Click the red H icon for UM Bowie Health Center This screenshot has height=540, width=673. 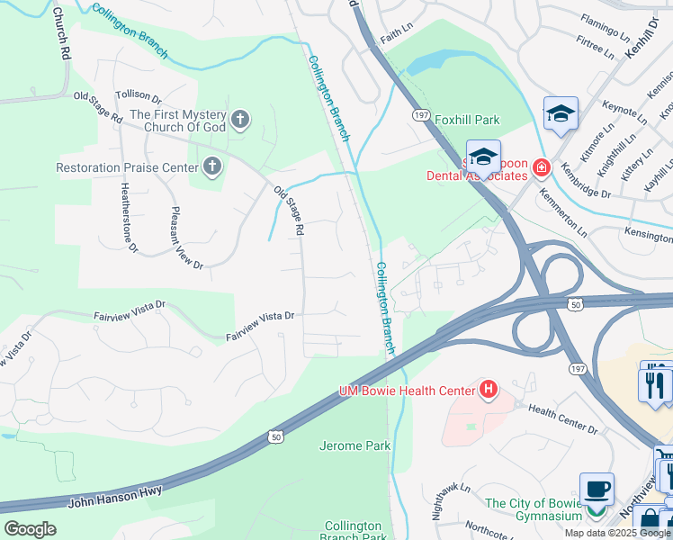tap(488, 389)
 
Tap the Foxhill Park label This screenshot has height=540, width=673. tap(467, 120)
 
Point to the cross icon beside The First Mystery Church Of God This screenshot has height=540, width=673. tap(239, 119)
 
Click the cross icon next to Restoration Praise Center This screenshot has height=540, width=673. tap(211, 166)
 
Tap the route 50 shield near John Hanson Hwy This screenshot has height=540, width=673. tap(275, 436)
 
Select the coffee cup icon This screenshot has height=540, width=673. tap(597, 490)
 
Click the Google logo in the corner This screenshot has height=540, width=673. tap(30, 528)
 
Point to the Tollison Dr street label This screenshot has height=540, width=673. tap(138, 96)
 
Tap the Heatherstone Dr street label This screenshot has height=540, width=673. tap(129, 217)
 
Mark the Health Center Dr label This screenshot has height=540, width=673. tap(562, 418)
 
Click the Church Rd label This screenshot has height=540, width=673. tap(61, 34)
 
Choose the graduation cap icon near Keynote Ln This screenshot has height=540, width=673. tap(561, 113)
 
